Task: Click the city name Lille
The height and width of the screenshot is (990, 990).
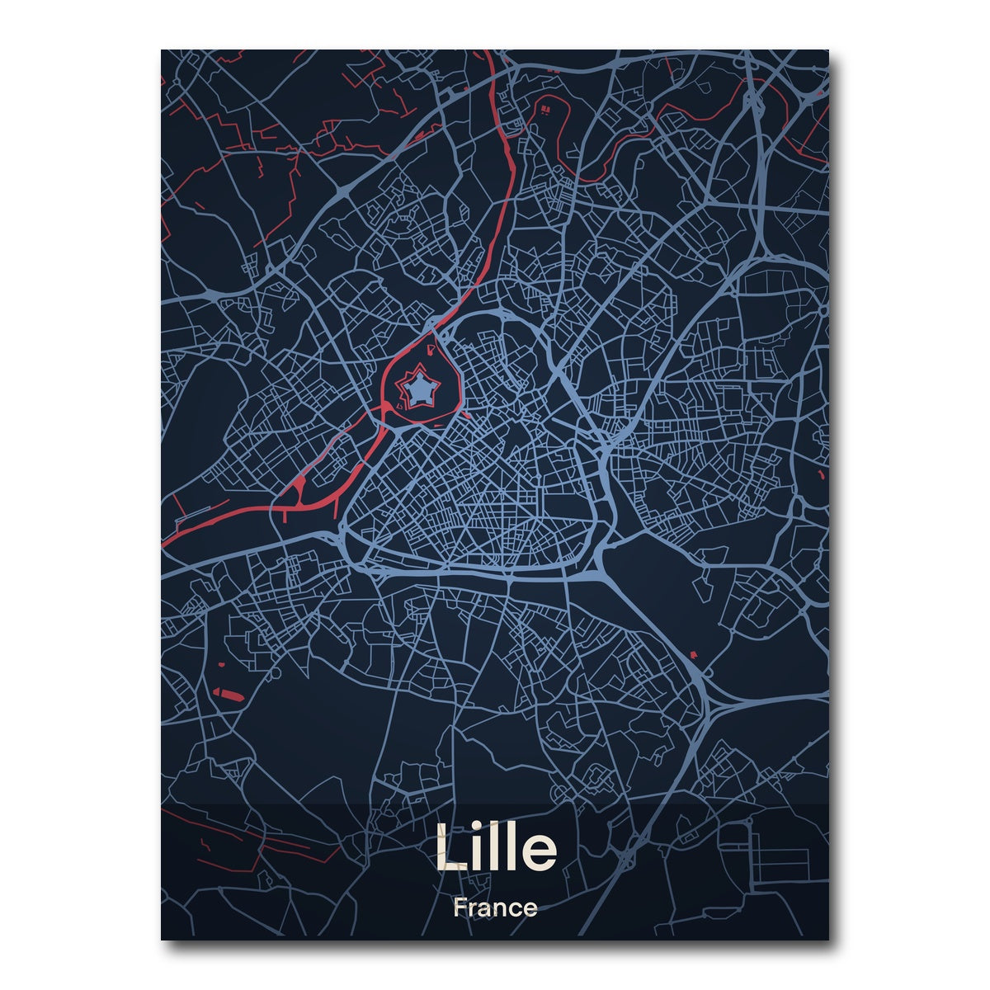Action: click(x=495, y=848)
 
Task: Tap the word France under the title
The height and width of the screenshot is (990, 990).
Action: click(x=495, y=908)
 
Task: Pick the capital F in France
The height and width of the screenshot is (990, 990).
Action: click(x=458, y=908)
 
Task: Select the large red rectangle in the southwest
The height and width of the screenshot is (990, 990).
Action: click(x=226, y=694)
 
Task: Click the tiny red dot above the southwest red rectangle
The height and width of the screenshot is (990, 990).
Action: click(x=221, y=664)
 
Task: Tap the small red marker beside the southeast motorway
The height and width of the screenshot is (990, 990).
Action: click(x=691, y=655)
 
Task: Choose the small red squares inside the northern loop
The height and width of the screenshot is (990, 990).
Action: click(x=544, y=107)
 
